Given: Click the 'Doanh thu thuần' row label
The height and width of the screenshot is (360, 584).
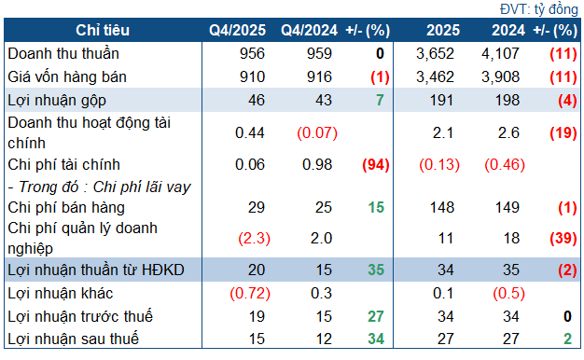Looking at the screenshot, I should click(x=63, y=53).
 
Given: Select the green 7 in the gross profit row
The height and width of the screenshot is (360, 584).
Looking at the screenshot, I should click(x=381, y=99).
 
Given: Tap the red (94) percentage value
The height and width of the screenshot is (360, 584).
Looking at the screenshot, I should click(x=374, y=165).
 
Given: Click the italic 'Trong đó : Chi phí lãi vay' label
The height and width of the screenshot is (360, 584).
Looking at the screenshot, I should click(x=99, y=187).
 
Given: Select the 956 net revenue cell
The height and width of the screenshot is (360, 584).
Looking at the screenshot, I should click(x=252, y=53).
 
